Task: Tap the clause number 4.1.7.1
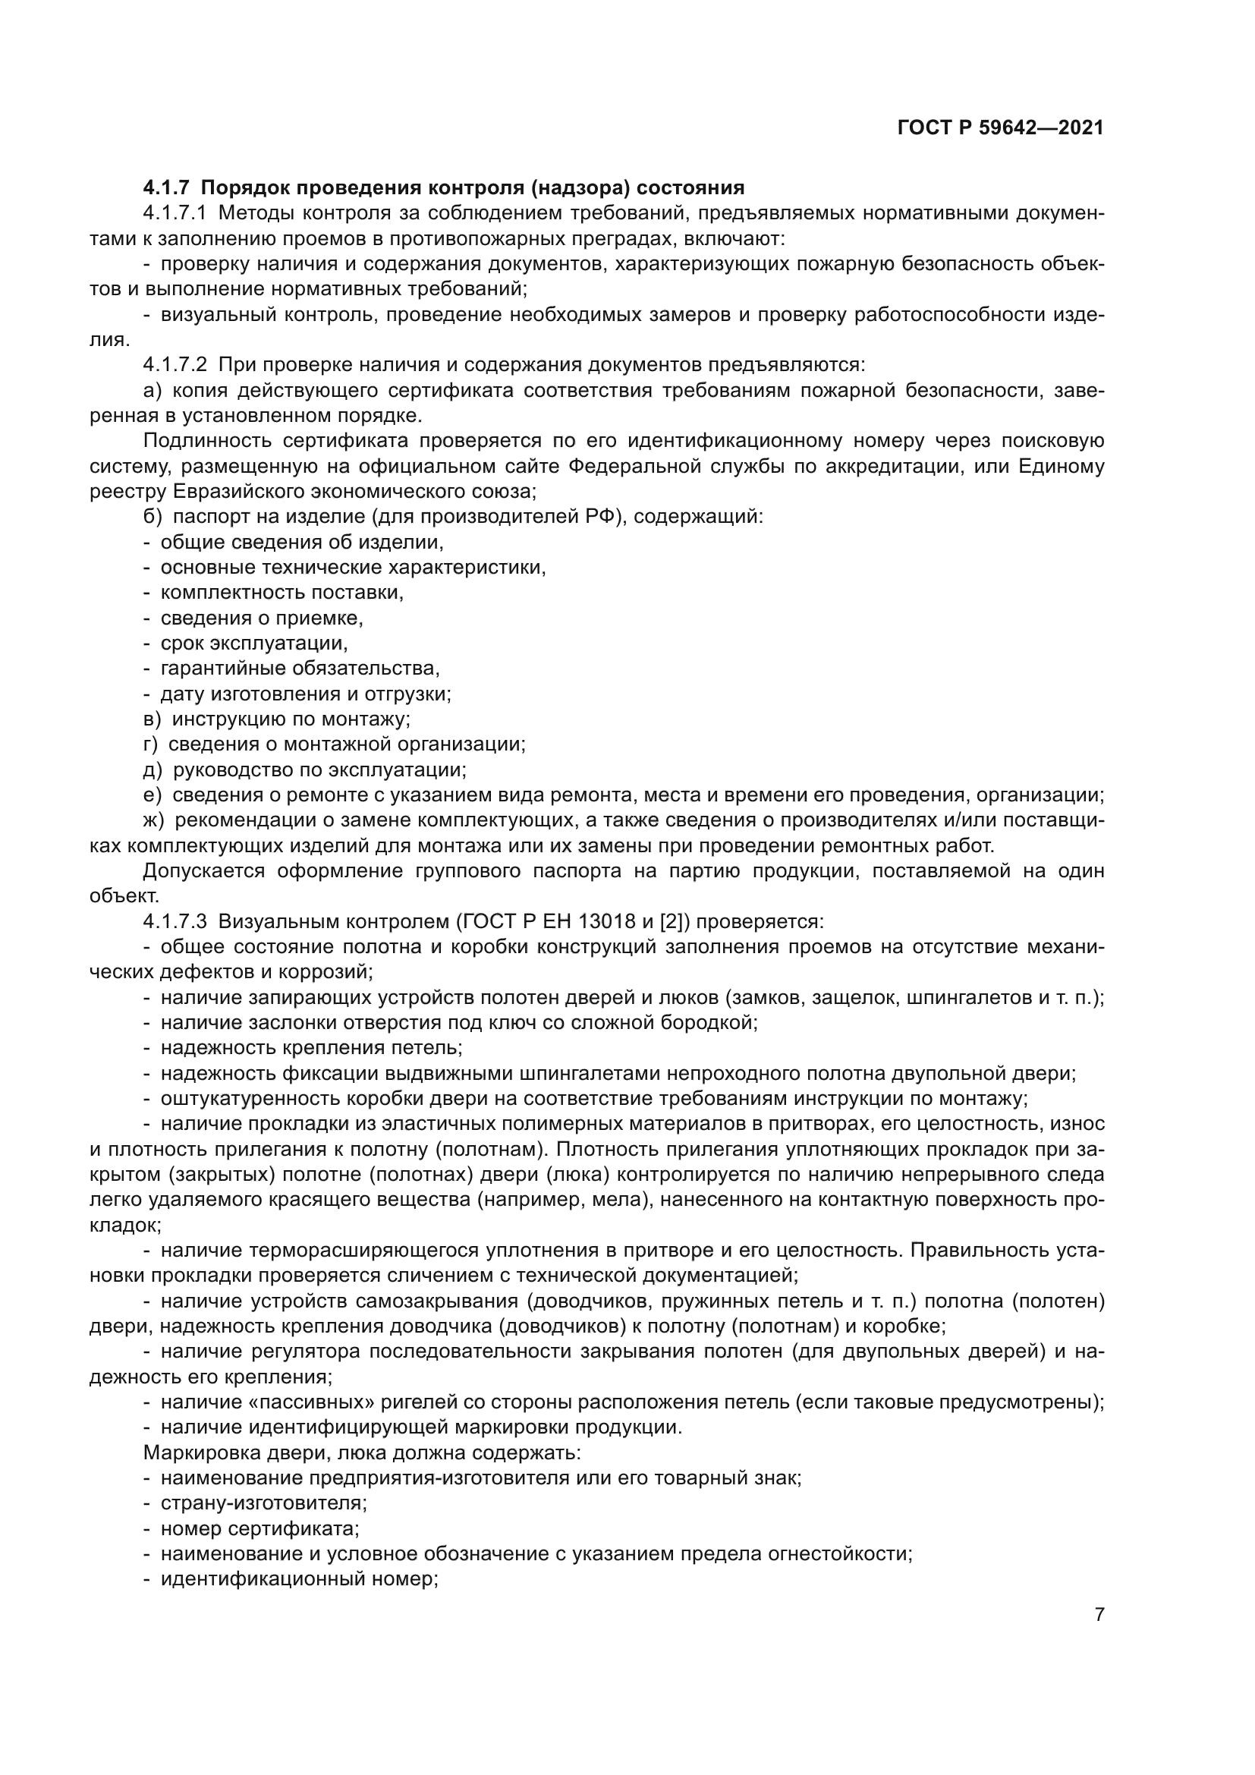click(x=175, y=213)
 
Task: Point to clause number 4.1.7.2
click(x=175, y=365)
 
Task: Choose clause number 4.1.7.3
click(x=175, y=921)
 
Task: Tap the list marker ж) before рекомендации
click(x=154, y=820)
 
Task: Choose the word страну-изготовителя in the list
click(x=263, y=1503)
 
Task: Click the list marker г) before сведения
click(x=151, y=744)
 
